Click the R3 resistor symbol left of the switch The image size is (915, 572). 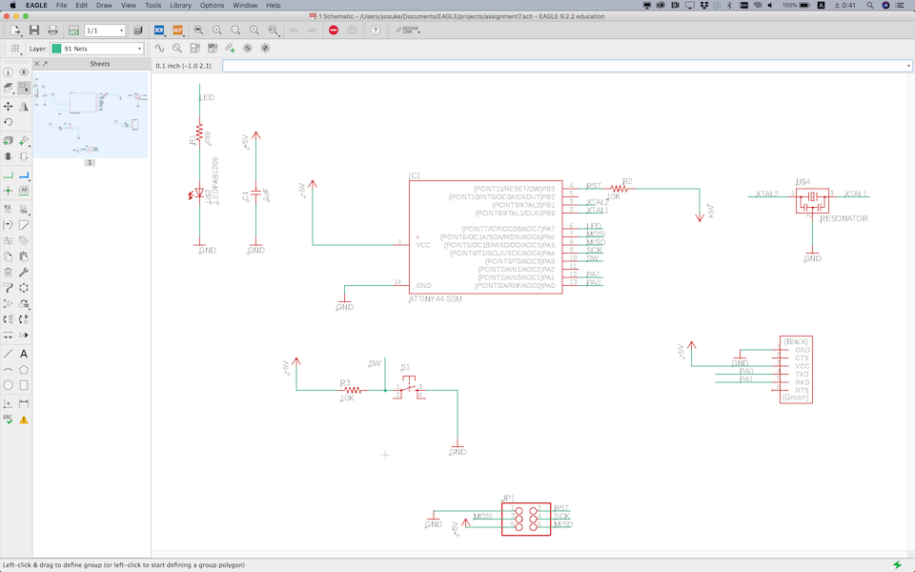(x=352, y=390)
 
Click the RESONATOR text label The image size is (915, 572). (x=844, y=218)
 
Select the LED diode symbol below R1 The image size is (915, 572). (x=198, y=194)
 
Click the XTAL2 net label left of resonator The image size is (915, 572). (x=767, y=194)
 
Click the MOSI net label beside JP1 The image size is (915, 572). (x=483, y=517)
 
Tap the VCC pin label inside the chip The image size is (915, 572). (x=424, y=245)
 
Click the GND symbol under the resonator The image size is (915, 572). (x=812, y=258)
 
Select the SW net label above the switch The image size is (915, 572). (x=375, y=363)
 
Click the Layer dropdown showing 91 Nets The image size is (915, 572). (x=96, y=49)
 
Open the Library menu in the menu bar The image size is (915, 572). (x=180, y=6)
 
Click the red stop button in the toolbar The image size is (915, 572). (x=333, y=30)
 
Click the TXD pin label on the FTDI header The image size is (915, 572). (x=802, y=374)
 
